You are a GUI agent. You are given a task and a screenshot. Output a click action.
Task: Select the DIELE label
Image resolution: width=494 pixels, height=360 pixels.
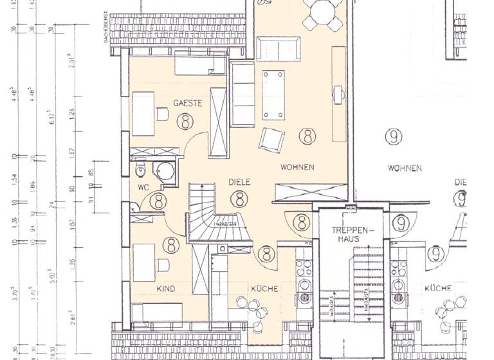[x=239, y=182]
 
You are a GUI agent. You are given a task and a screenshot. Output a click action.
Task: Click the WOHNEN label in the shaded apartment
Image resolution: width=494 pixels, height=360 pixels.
[x=297, y=167]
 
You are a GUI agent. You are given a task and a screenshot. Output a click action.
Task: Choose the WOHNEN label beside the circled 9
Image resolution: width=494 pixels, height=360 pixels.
[x=405, y=168]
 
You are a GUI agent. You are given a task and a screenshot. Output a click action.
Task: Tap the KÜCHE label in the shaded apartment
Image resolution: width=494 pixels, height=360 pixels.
[x=264, y=289]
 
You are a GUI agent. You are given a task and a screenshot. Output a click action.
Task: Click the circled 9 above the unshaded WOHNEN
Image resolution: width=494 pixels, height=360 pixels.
[x=392, y=136]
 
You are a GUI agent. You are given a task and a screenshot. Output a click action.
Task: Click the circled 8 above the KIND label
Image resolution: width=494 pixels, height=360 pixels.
[x=170, y=245]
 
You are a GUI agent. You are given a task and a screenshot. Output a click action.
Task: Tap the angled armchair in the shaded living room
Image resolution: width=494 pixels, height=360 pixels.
[x=271, y=139]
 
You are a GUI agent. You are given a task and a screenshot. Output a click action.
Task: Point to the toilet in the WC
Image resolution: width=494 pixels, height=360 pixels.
[x=141, y=171]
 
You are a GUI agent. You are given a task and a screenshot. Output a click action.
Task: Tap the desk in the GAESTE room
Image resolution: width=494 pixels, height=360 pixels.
[x=143, y=114]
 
